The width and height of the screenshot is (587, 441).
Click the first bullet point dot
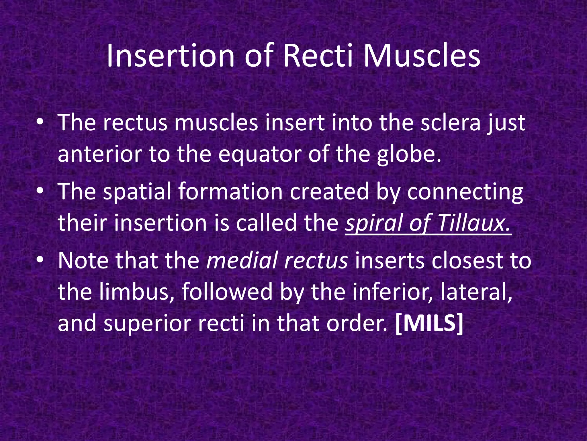(40, 123)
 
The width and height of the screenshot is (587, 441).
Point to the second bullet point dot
(40, 192)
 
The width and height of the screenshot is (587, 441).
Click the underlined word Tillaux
(474, 223)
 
